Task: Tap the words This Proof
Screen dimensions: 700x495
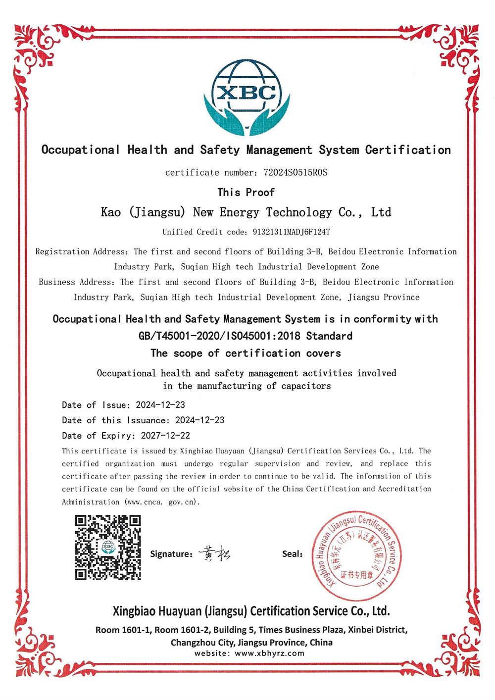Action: coord(246,193)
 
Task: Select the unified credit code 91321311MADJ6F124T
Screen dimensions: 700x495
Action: coord(291,232)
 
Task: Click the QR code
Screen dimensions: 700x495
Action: coord(108,547)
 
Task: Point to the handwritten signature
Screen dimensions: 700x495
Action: coord(215,553)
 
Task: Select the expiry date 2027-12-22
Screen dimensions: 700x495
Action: coord(165,436)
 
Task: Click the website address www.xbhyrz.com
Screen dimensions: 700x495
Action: coord(269,653)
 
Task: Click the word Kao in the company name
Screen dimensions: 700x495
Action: coord(111,212)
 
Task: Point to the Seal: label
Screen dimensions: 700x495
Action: coord(292,554)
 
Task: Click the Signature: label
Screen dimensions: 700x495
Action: coord(171,554)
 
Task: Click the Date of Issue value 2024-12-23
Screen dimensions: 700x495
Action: coord(160,405)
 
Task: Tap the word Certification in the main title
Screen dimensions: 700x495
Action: coord(408,150)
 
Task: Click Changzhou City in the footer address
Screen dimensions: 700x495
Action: coord(202,643)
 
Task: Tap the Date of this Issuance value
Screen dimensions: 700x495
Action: coord(200,420)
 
